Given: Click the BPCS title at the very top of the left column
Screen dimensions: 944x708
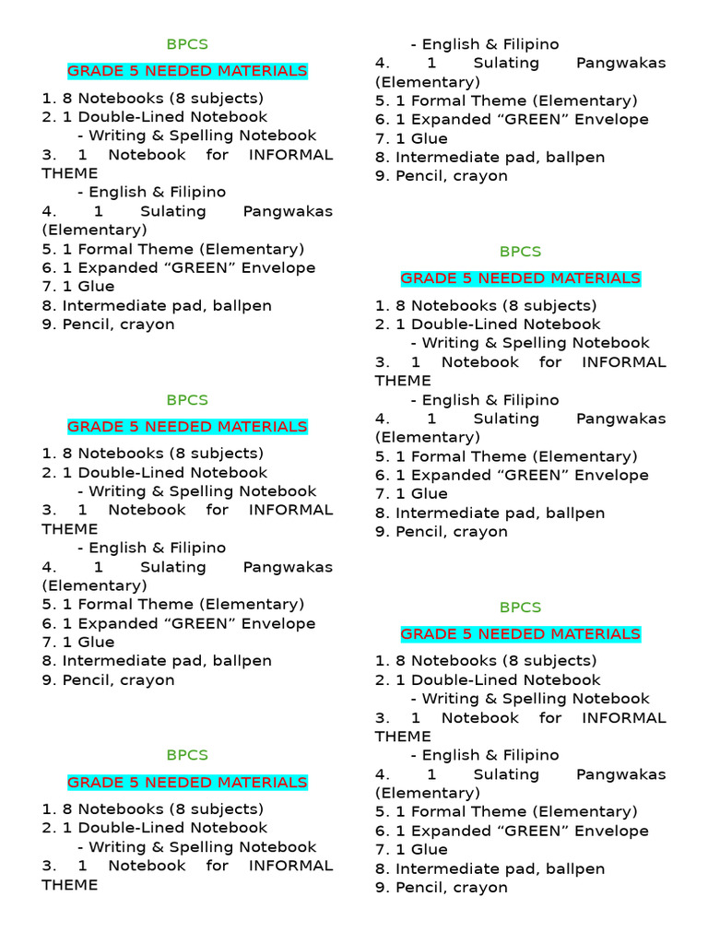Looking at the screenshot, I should point(187,44).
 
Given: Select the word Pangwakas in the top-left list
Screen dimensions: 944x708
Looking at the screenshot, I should point(288,211).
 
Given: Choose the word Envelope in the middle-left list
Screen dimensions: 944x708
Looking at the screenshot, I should point(277,623).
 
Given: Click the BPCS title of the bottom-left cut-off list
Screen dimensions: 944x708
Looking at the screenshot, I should point(187,755).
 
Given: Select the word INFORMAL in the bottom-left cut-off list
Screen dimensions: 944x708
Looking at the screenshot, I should point(291,866).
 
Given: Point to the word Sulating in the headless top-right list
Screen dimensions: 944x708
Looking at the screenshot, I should point(506,63).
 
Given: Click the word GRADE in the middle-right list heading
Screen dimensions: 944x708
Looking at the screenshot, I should point(427,278).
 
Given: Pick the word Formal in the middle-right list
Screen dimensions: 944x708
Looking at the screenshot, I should point(438,456).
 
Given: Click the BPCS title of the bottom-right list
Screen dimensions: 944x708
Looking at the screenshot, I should point(520,608).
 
